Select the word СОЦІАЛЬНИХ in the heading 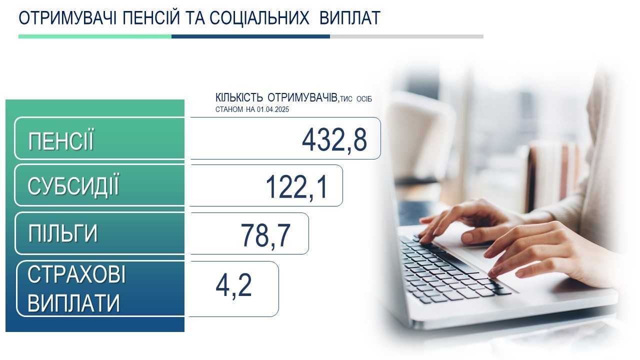(x=259, y=18)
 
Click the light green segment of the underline (x=95, y=36)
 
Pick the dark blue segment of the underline (x=250, y=36)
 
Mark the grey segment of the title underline (x=406, y=36)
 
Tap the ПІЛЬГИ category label (x=63, y=233)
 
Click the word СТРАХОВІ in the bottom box (x=76, y=274)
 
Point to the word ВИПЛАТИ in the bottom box (x=73, y=303)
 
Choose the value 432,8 (x=334, y=140)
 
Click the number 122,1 (x=297, y=187)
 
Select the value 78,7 (x=265, y=235)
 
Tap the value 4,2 (x=233, y=285)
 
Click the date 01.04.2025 (x=273, y=109)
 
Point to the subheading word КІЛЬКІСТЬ (x=239, y=97)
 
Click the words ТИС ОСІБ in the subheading (x=356, y=99)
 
